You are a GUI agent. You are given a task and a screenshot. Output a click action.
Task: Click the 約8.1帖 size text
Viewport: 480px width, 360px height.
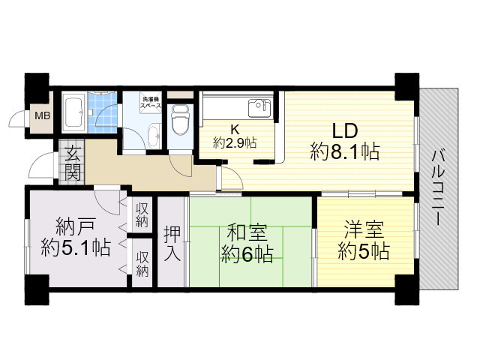(x=344, y=152)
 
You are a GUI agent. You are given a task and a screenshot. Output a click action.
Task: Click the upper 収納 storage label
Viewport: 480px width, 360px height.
(x=142, y=215)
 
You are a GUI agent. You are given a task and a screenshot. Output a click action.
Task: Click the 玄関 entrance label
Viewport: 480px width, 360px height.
(x=73, y=164)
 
